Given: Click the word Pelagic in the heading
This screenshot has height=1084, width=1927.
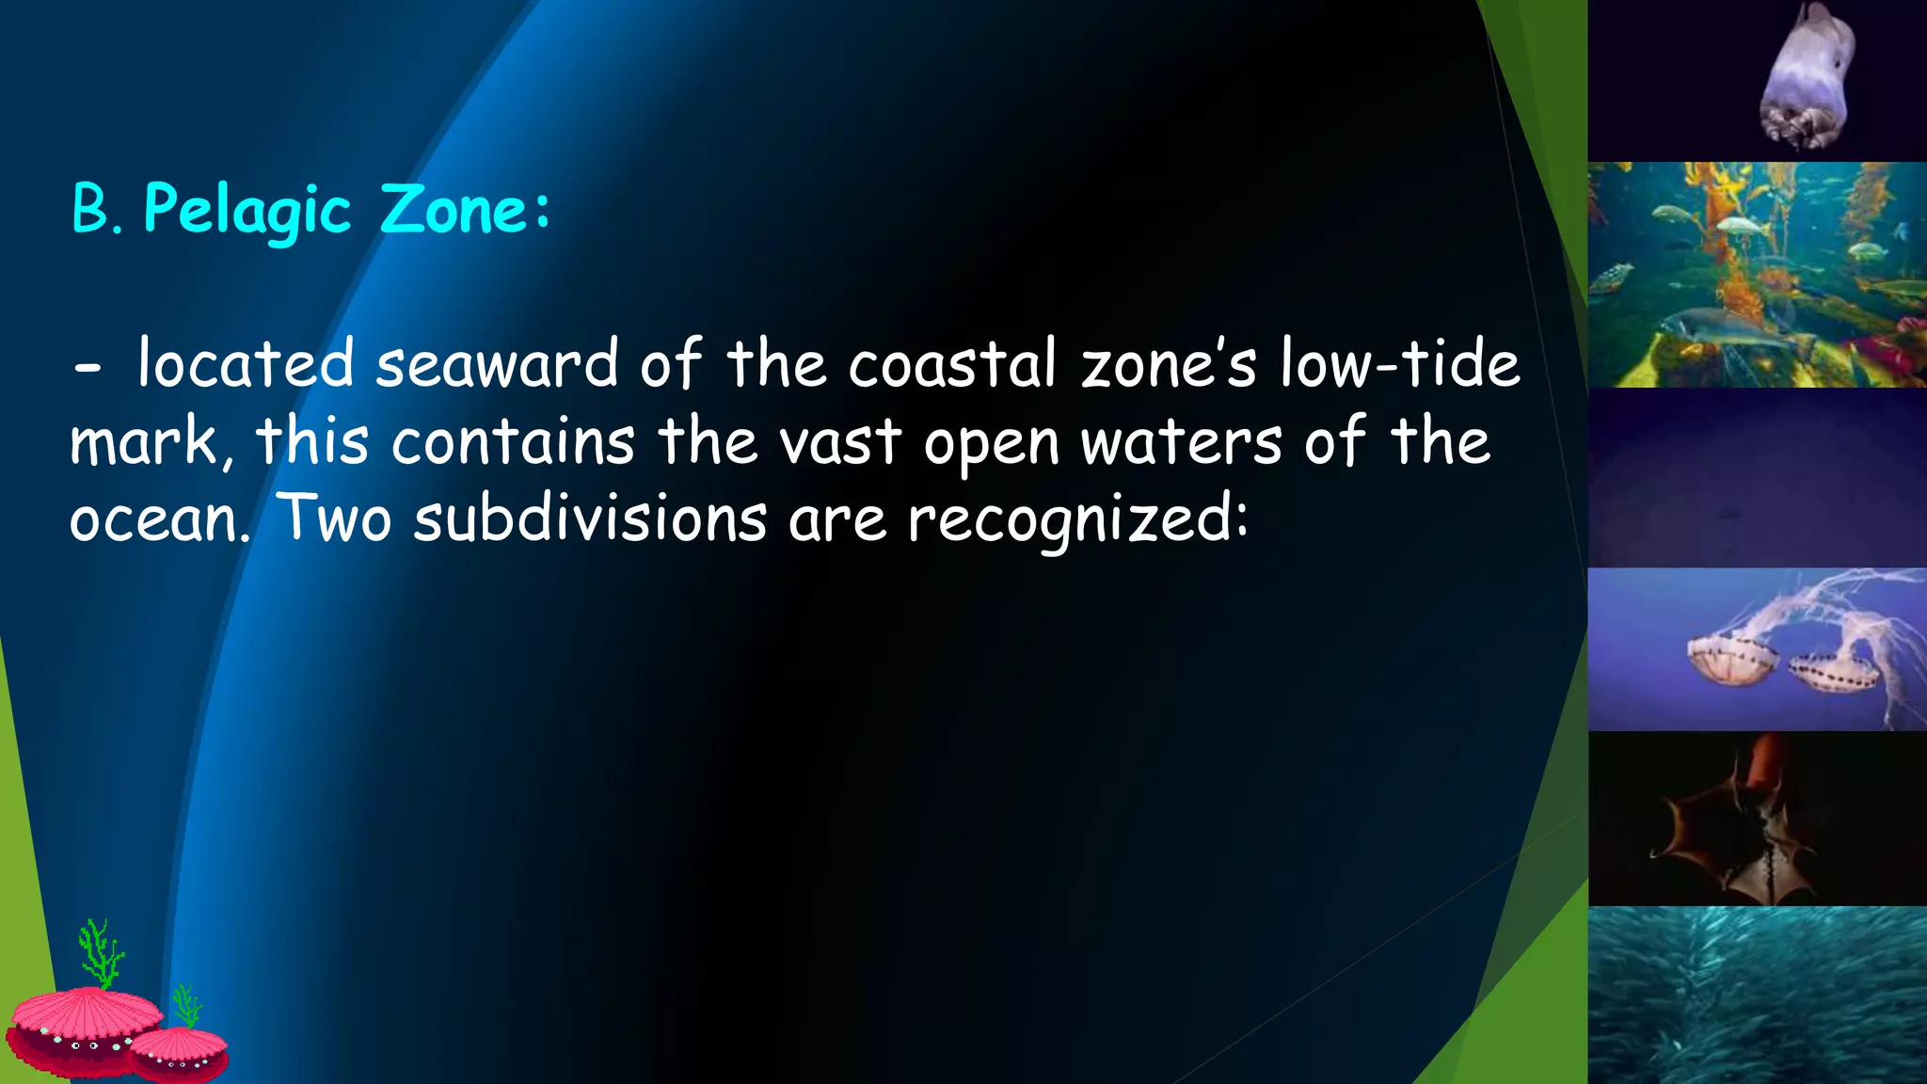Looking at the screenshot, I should pyautogui.click(x=247, y=210).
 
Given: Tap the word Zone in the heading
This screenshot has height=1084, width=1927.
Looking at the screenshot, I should pyautogui.click(x=454, y=209).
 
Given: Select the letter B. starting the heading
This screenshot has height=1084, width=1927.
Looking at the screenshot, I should pyautogui.click(x=96, y=209).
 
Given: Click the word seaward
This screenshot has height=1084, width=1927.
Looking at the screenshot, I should pyautogui.click(x=496, y=365).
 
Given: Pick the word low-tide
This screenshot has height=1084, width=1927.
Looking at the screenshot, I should pyautogui.click(x=1399, y=365).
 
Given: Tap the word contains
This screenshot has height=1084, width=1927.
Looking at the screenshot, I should pyautogui.click(x=513, y=442).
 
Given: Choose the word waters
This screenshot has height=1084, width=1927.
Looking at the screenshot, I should pyautogui.click(x=1180, y=442).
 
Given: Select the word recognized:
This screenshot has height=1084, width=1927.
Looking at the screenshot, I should pyautogui.click(x=1077, y=519).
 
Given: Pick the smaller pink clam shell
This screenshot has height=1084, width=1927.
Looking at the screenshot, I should pyautogui.click(x=179, y=1052).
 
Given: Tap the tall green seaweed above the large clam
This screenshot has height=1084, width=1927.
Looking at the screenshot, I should pyautogui.click(x=100, y=952).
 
